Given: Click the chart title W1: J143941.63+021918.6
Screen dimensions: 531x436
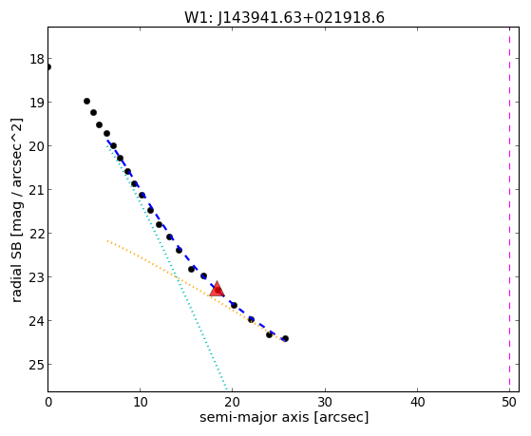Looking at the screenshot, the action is (x=284, y=18).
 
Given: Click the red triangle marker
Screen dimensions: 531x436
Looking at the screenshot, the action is (x=218, y=289).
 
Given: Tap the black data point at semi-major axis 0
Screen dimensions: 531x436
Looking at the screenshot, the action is (x=48, y=66).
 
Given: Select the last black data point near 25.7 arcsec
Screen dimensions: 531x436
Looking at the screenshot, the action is (x=286, y=338).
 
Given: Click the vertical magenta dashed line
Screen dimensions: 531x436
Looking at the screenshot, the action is (x=509, y=209).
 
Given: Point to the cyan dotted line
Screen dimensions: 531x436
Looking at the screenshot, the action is (x=166, y=265).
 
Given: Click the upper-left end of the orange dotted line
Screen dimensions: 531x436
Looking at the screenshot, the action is (x=107, y=241).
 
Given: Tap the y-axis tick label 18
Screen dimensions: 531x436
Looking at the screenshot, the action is (x=37, y=59).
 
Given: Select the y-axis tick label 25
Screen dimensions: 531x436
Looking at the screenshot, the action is (x=37, y=365).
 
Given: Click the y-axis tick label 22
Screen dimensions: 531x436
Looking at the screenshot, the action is (x=37, y=234).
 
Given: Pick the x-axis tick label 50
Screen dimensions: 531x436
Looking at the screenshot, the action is (x=509, y=402).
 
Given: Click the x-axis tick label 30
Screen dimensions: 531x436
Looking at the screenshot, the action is (x=325, y=402).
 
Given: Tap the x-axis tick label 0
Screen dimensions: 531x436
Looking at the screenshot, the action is (x=48, y=402).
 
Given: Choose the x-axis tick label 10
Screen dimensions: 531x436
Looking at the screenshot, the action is (x=141, y=402).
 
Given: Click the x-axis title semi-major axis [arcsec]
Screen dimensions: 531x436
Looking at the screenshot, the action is (x=284, y=417).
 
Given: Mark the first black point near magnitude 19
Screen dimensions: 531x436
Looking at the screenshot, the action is (x=86, y=101).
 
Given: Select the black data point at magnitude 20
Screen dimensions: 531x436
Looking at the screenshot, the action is (x=113, y=146).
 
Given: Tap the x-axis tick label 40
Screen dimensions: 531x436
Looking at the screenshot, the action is (x=417, y=402).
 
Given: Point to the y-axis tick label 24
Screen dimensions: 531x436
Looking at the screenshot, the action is (x=37, y=321).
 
